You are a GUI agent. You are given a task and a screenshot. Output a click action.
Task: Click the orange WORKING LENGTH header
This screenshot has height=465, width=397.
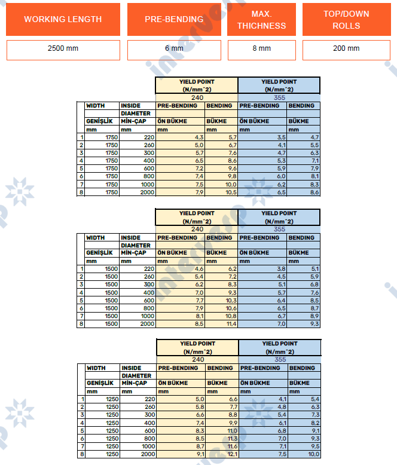63,19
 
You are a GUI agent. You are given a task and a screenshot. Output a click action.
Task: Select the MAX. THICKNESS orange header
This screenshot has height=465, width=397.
261,19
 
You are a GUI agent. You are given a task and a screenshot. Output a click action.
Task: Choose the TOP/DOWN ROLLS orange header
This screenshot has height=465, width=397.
346,19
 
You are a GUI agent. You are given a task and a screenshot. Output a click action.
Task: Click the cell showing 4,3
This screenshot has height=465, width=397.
179,137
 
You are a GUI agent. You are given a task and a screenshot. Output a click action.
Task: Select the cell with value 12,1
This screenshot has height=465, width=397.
221,454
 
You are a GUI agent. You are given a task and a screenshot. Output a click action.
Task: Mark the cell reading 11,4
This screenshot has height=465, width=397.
221,323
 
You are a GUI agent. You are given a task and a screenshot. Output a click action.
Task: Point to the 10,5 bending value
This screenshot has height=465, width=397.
221,192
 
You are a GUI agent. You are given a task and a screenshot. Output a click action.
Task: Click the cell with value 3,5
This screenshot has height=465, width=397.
262,137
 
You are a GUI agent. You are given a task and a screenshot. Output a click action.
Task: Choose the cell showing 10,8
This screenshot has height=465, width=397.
221,316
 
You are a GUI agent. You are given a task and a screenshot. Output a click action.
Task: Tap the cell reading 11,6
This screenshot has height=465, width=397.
221,446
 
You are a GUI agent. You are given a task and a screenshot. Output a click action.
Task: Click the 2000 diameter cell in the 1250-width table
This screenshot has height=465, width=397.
138,454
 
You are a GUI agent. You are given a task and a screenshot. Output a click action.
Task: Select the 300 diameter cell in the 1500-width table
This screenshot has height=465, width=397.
138,284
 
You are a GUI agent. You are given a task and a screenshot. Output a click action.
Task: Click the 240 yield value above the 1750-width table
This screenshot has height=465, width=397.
197,97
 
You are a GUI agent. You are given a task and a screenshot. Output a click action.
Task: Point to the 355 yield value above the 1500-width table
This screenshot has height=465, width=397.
279,228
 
